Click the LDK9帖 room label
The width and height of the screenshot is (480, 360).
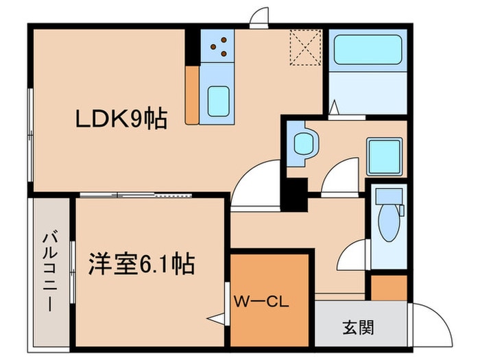coord(121,118)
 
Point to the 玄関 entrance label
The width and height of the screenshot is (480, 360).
coord(357,327)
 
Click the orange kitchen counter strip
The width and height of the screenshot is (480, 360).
coord(191,95)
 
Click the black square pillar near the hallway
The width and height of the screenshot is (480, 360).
coord(296,193)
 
